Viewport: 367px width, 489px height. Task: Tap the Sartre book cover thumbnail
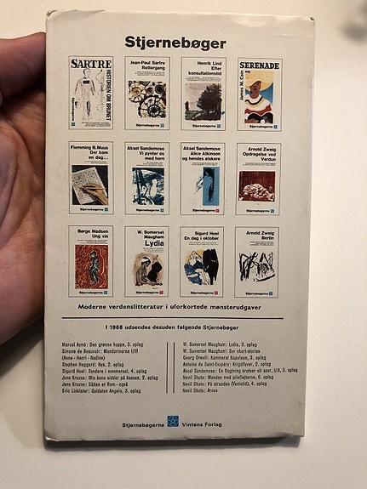[91, 92]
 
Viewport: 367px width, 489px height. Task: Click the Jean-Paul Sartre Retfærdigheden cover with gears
[146, 93]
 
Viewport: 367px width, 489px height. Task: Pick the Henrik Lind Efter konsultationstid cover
[202, 93]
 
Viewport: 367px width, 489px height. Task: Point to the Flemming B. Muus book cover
[90, 177]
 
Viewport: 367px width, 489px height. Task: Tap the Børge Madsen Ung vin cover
[91, 260]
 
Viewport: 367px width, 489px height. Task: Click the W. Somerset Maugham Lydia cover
[146, 261]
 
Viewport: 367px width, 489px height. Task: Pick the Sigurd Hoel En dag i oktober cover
[201, 261]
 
